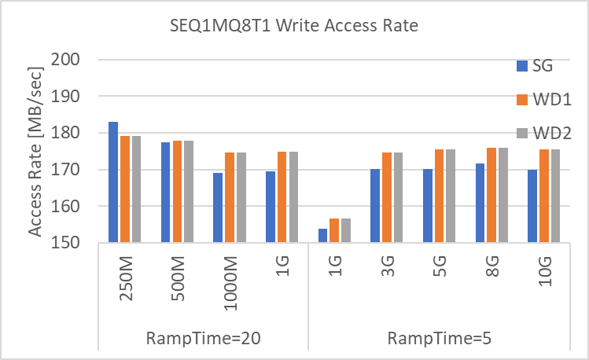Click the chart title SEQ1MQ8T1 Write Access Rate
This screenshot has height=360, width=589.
click(x=294, y=26)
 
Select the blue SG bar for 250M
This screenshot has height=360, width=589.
click(x=113, y=182)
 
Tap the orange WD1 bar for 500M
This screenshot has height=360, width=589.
click(x=177, y=192)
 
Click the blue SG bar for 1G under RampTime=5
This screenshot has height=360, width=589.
click(x=322, y=236)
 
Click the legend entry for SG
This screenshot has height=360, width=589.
click(x=536, y=66)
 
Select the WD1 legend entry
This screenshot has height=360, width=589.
click(x=542, y=99)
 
